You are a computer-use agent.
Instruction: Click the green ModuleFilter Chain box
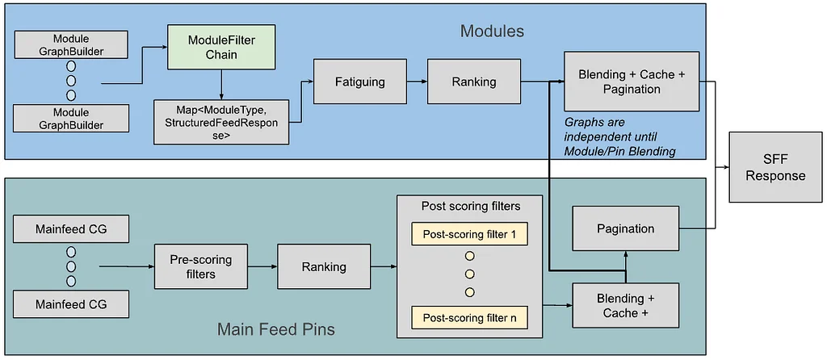[221, 47]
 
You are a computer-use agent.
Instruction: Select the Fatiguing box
[359, 82]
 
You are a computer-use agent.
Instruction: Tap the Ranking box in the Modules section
[473, 82]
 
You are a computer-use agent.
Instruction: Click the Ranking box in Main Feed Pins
[324, 266]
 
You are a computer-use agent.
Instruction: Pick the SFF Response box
[775, 168]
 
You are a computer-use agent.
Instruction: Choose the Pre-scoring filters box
[200, 266]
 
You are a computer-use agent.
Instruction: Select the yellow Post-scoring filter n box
[469, 318]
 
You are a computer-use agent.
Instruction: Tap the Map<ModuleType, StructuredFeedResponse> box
[221, 122]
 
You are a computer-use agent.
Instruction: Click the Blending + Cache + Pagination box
[632, 82]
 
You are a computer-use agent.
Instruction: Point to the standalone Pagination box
[626, 228]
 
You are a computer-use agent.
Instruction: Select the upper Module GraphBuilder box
[71, 45]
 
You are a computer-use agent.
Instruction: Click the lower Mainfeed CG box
[71, 304]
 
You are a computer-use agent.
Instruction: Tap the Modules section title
[492, 31]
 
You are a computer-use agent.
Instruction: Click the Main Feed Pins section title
[276, 330]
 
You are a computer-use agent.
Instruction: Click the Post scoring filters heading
[471, 206]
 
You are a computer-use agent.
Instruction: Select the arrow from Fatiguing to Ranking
[417, 82]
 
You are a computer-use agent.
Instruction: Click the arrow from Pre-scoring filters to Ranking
[262, 266]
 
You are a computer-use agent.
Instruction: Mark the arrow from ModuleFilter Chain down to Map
[221, 84]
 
